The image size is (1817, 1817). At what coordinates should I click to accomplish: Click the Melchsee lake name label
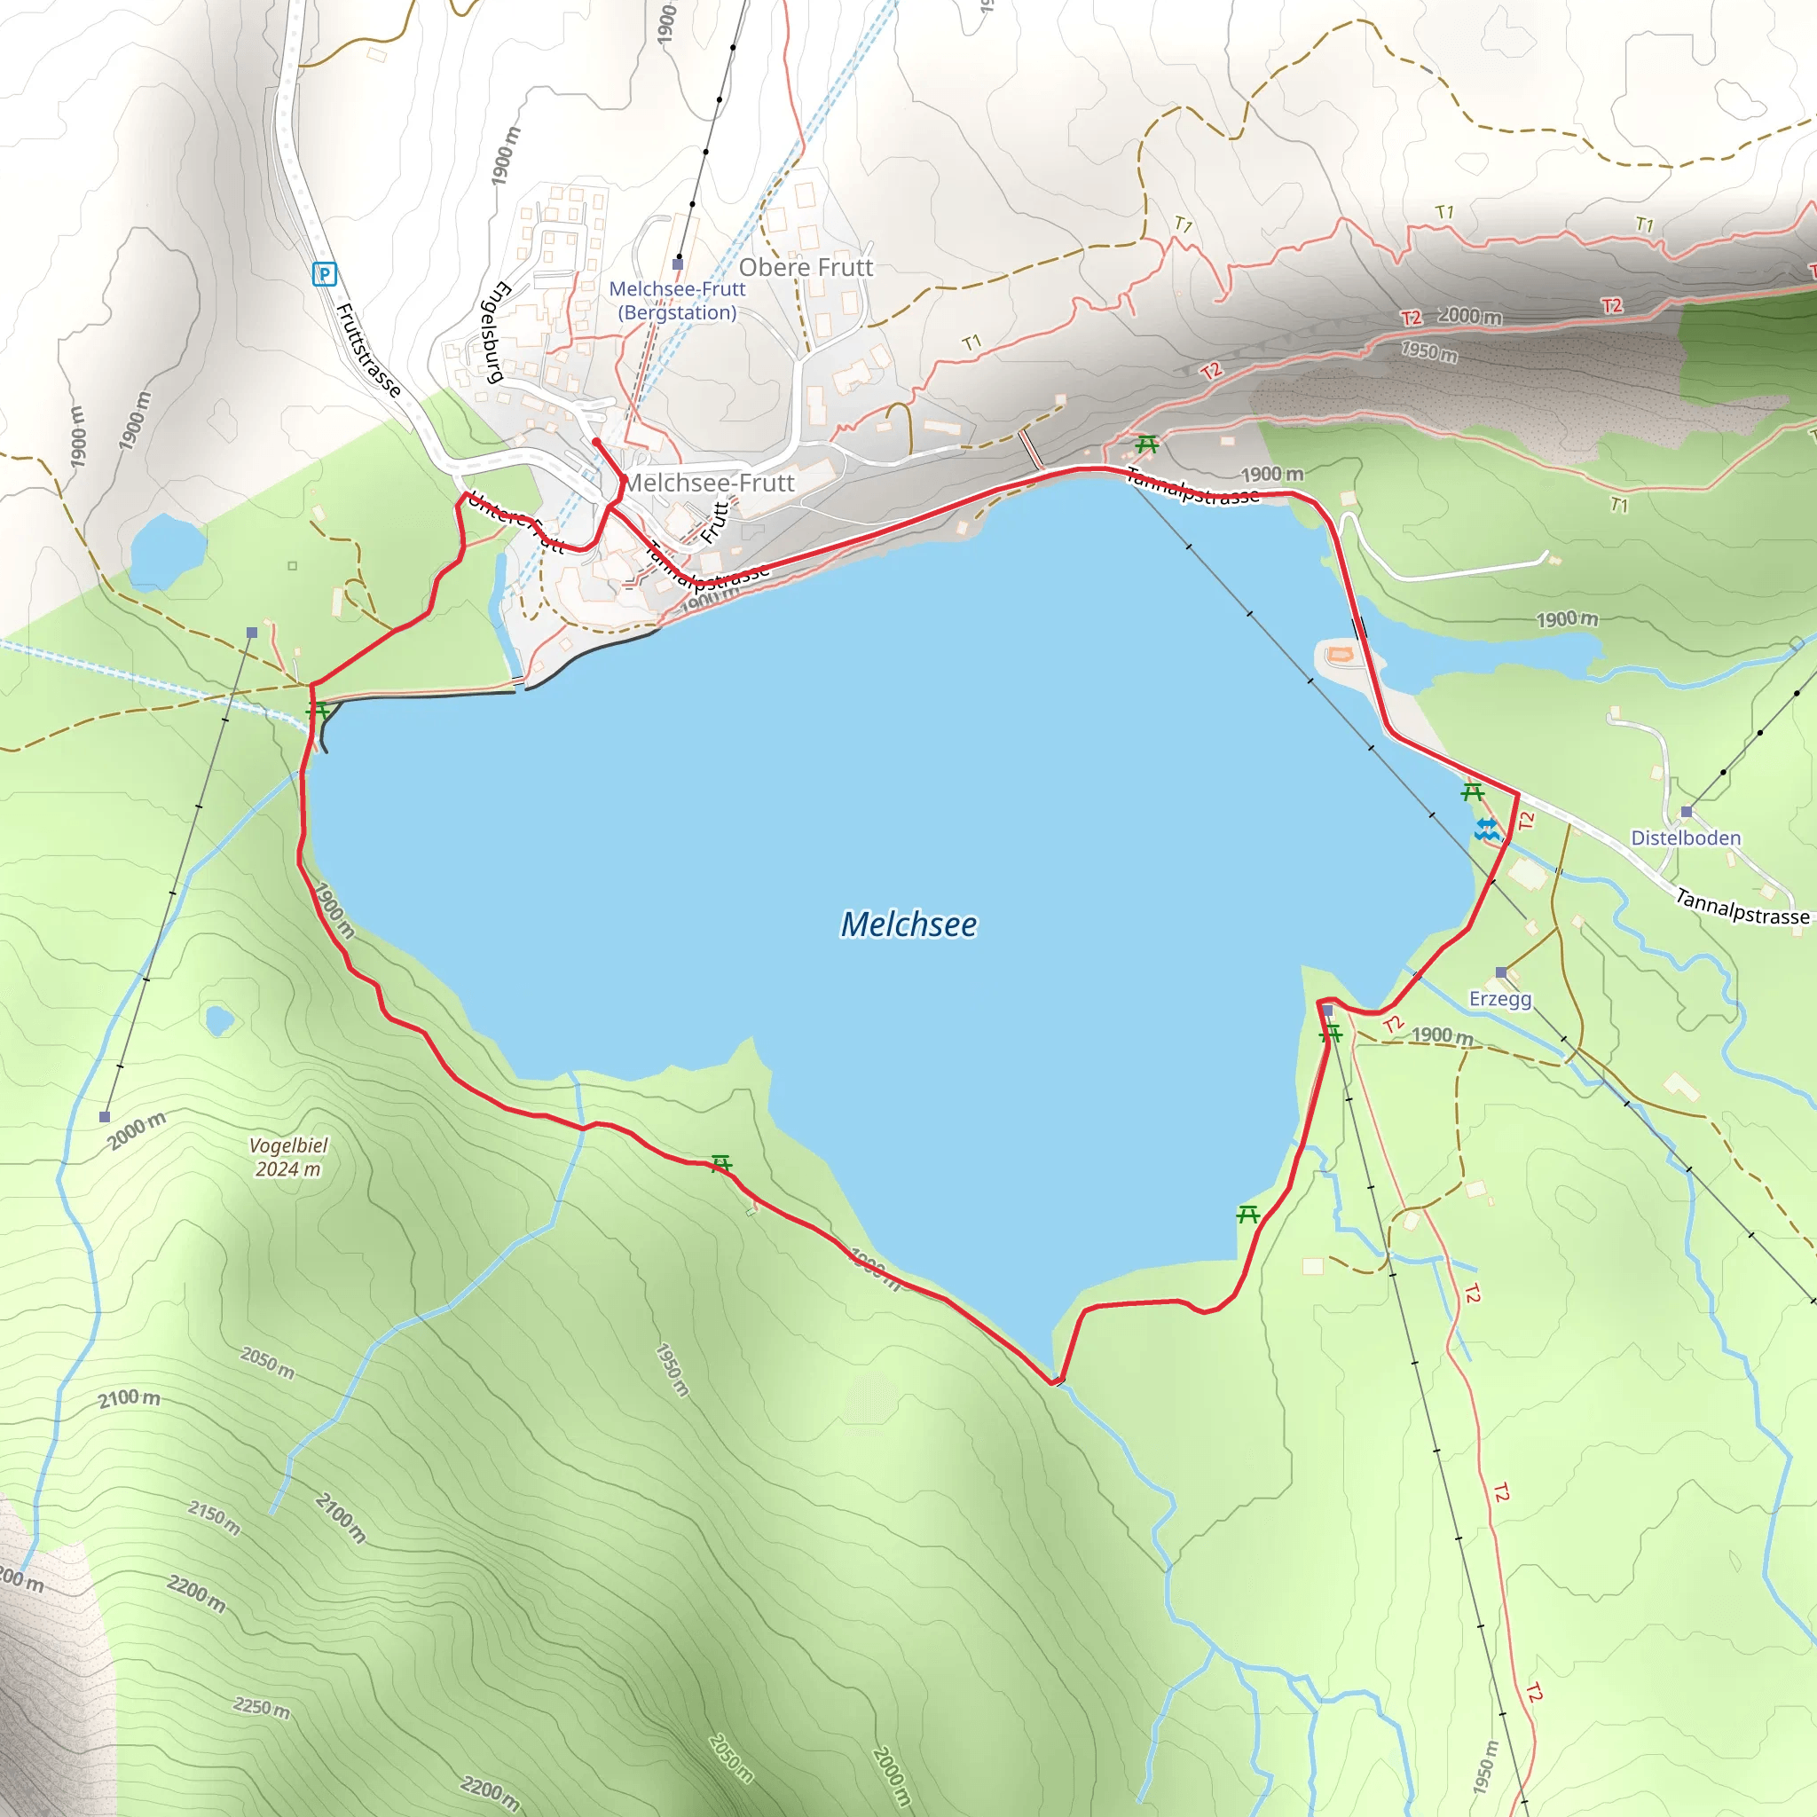click(x=908, y=924)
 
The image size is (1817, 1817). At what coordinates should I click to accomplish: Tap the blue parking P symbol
click(x=325, y=275)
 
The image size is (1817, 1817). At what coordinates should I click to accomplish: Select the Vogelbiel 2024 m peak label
click(x=288, y=1157)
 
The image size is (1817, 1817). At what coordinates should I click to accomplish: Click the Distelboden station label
click(x=1686, y=838)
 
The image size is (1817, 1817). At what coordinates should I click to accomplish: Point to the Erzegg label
click(x=1500, y=999)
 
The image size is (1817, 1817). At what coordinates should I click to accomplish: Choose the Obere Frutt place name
click(x=806, y=268)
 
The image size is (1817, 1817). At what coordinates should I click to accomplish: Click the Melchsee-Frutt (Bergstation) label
click(x=677, y=301)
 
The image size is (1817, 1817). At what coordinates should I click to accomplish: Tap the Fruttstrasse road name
click(x=369, y=350)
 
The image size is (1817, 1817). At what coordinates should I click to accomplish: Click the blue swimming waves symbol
click(x=1486, y=829)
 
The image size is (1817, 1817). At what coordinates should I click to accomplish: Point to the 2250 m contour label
click(x=262, y=1707)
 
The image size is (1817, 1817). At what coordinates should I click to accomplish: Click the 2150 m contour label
click(x=215, y=1516)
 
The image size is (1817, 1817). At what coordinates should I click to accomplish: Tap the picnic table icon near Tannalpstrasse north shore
click(x=1145, y=443)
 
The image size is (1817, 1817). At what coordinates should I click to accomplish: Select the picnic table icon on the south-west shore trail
click(x=720, y=1164)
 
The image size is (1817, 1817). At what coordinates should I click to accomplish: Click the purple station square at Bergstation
click(x=677, y=264)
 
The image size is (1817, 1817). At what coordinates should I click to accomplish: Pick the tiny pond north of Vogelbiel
click(x=219, y=1020)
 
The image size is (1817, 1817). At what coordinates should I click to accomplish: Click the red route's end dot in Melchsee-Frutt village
click(x=596, y=442)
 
